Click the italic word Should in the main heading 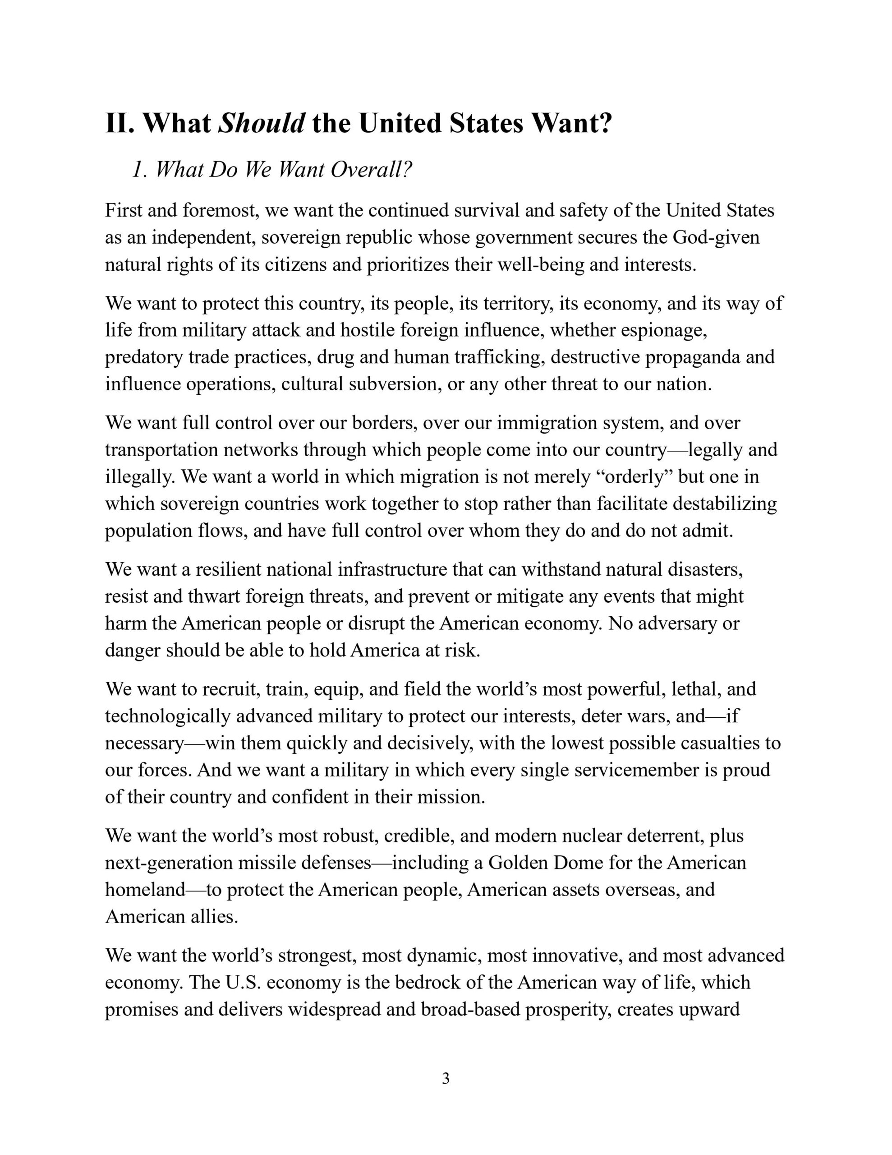pos(261,124)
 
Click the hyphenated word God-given pos(716,237)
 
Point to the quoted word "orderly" pos(635,476)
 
